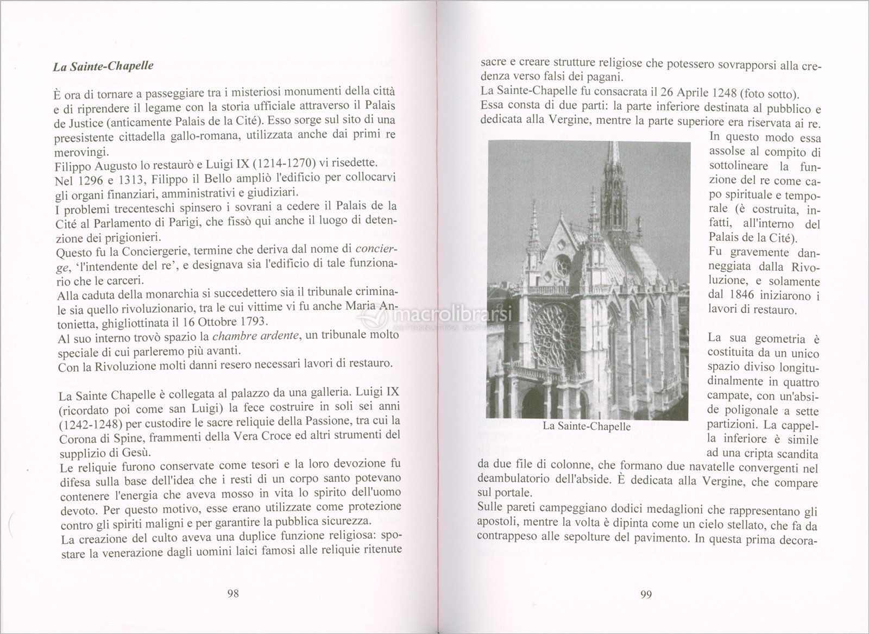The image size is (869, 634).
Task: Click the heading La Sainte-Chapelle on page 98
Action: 103,67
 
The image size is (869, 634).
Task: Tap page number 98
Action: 232,593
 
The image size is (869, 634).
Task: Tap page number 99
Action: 646,594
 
